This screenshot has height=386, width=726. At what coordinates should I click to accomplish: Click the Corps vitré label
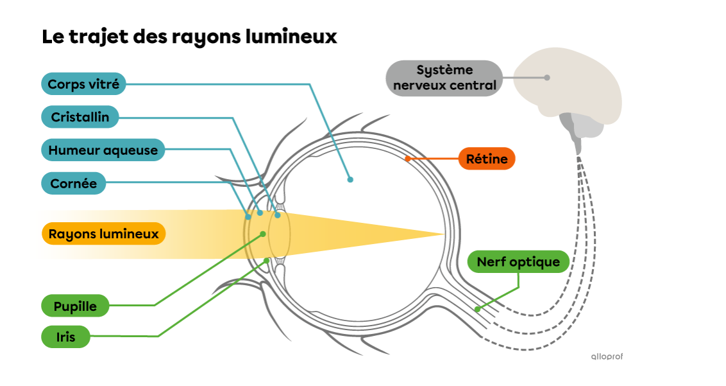(83, 84)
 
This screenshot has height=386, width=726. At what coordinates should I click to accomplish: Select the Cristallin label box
(80, 118)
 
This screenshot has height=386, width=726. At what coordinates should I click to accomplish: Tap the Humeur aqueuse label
(103, 150)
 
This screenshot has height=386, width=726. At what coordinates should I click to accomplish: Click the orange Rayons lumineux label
(103, 234)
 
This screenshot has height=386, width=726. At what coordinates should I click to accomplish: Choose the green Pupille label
(75, 306)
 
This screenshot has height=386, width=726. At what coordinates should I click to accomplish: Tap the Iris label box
(65, 337)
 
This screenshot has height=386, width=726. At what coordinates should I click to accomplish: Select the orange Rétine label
(487, 159)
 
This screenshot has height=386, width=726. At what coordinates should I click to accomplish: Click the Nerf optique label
(518, 262)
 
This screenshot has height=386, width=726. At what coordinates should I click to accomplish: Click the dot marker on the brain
(547, 78)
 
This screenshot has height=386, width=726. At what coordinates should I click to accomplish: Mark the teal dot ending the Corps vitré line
(350, 180)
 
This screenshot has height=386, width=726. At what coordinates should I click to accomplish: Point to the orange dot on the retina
(407, 158)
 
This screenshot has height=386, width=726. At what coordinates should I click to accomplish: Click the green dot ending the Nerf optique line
(477, 309)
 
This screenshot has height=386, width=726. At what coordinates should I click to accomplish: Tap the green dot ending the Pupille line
(262, 234)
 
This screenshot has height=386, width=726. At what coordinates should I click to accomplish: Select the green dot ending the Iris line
(267, 260)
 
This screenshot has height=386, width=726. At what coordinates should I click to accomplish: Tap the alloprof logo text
(606, 356)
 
